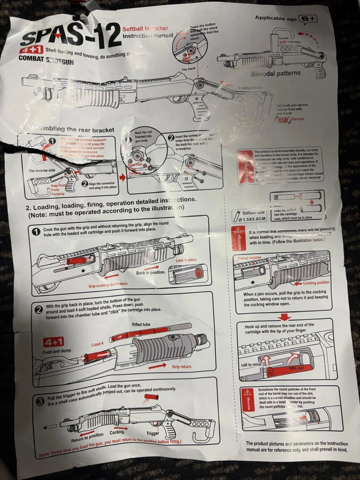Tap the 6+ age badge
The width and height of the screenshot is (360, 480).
coord(308,19)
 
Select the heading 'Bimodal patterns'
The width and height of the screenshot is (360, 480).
coord(276,73)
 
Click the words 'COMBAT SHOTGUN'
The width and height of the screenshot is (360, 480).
coord(46,60)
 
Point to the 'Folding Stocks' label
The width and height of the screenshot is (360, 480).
coord(250,88)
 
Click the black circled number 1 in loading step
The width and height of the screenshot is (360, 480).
coord(36,231)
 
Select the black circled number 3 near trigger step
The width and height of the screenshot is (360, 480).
coord(40,402)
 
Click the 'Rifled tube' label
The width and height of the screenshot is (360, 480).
coord(141,324)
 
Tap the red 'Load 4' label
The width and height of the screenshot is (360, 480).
coord(97,344)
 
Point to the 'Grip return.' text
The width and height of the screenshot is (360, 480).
coord(182,367)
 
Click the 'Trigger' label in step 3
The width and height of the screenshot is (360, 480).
coord(153,433)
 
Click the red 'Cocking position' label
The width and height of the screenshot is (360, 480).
coord(316,283)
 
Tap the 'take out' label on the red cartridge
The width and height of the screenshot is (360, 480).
coord(296,368)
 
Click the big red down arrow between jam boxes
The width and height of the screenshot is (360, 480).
coord(284,317)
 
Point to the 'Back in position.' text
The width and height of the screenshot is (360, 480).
coord(150,273)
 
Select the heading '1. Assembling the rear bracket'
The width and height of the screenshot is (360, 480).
coord(67,129)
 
